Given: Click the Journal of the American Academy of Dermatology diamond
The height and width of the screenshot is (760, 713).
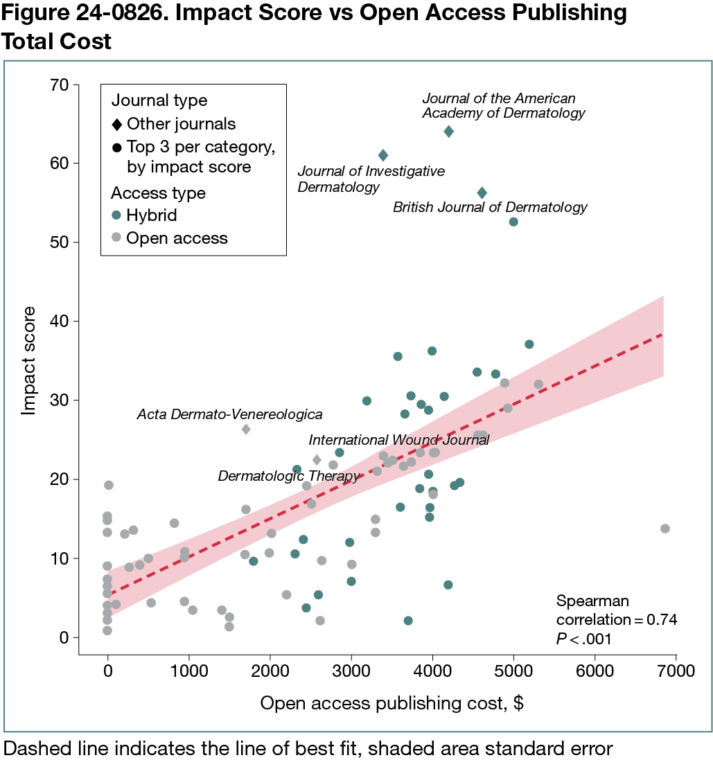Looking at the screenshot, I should (448, 132).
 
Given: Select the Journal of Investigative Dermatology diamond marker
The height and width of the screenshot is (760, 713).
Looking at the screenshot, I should (383, 155).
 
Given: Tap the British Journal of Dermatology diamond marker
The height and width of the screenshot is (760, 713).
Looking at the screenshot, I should (482, 193).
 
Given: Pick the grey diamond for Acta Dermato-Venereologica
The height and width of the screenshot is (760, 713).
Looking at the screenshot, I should (246, 430).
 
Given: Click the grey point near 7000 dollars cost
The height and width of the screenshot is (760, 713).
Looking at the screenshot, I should (665, 529).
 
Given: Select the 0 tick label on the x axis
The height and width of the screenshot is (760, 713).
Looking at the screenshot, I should (107, 671).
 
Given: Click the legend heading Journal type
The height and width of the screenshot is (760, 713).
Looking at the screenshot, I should (159, 100).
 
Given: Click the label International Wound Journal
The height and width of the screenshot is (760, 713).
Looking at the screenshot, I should (398, 441).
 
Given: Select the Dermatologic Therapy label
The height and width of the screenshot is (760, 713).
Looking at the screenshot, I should (289, 476).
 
